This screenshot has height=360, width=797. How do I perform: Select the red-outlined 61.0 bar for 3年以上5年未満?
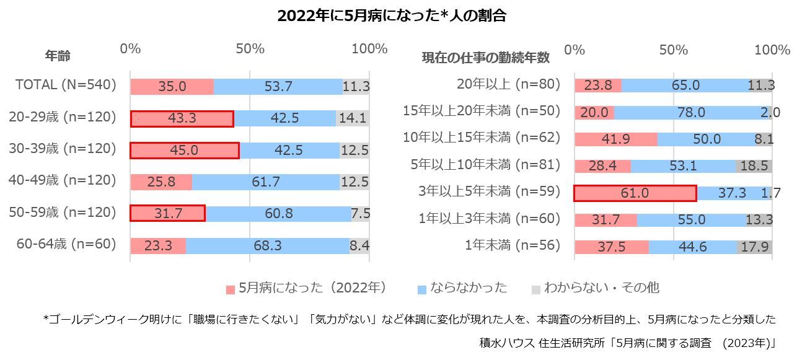[635, 193]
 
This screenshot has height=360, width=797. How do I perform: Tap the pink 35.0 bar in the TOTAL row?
[172, 87]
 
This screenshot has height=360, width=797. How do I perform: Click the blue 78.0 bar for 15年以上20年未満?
[690, 112]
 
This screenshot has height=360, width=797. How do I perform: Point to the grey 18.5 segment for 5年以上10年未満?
[754, 166]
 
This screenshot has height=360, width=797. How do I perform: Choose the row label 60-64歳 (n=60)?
[67, 244]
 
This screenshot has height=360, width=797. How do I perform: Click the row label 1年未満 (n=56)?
[513, 245]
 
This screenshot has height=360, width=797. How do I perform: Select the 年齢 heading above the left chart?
[58, 56]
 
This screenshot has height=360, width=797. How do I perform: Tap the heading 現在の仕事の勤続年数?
[486, 58]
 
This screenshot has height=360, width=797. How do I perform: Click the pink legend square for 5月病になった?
[231, 289]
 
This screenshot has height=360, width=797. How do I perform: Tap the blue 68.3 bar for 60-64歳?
[267, 246]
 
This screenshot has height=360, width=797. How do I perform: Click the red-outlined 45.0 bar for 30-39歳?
[184, 151]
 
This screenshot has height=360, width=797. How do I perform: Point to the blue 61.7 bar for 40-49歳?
[265, 182]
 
